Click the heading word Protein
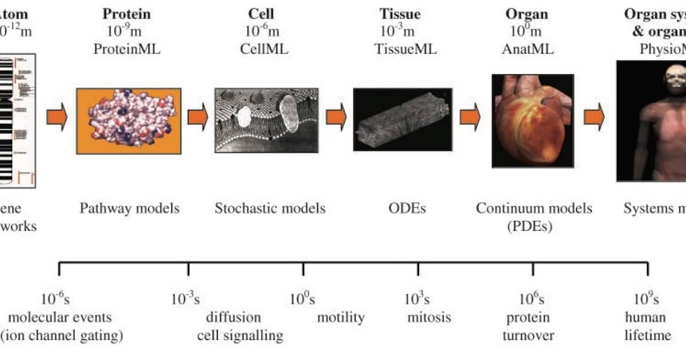(x=127, y=14)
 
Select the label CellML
(x=264, y=50)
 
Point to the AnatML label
(x=527, y=50)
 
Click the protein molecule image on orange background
(x=129, y=121)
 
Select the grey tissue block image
(x=402, y=119)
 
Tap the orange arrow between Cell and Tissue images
(x=336, y=117)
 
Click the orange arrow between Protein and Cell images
(x=198, y=117)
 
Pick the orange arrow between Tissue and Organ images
(x=470, y=117)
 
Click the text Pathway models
(x=129, y=209)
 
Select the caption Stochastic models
(x=270, y=209)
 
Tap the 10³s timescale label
(x=417, y=299)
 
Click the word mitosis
(x=429, y=317)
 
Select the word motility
(x=341, y=317)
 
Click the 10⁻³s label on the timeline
(x=185, y=299)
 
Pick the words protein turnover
(x=528, y=326)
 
